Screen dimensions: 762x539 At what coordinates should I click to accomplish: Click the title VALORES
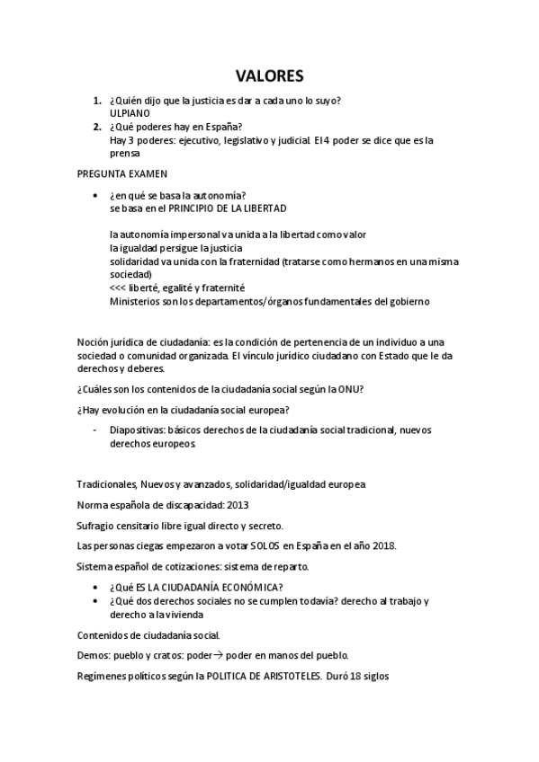coord(269,75)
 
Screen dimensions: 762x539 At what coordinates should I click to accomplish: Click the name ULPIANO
coord(130,114)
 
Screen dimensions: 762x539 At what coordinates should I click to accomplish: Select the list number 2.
coord(96,127)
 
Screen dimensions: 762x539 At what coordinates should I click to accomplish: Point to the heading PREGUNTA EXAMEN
coord(122,173)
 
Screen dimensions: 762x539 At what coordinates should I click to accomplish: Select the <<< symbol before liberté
coord(119,288)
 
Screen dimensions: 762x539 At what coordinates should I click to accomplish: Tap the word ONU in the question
coord(351,388)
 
